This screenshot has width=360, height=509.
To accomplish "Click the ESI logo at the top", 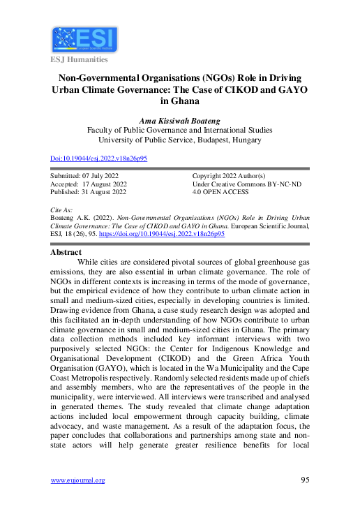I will click(x=84, y=40).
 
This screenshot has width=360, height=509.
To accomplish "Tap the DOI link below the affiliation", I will click(x=99, y=158).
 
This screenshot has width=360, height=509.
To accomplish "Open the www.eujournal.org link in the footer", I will click(x=78, y=480).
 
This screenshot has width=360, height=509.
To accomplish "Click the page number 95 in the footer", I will click(x=305, y=480).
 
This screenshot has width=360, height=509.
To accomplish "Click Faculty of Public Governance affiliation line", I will click(x=179, y=130).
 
